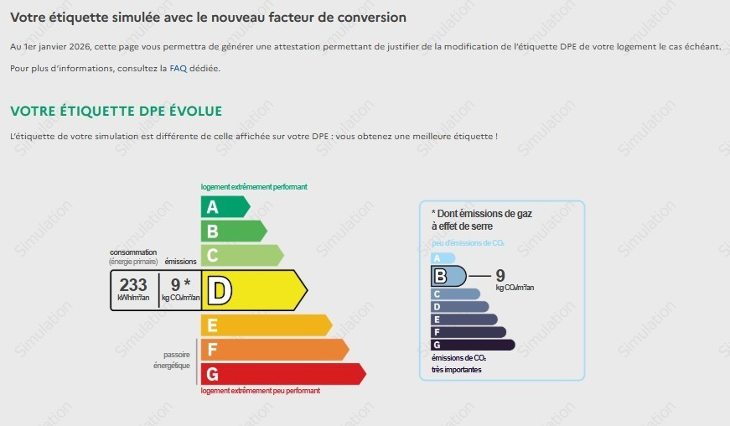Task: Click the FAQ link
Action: [x=178, y=69]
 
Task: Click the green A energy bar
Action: [x=225, y=207]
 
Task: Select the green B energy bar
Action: [x=234, y=231]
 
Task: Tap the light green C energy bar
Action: [x=242, y=255]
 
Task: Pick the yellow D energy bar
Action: [x=254, y=290]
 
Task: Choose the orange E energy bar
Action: [x=267, y=325]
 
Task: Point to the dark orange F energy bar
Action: [x=275, y=349]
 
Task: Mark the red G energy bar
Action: [x=283, y=374]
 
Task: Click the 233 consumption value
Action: [x=133, y=284]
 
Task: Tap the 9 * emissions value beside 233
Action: [x=181, y=284]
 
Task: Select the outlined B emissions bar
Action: [x=448, y=276]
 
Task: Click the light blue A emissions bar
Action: [x=443, y=258]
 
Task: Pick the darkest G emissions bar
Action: [x=473, y=345]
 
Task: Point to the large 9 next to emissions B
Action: [x=500, y=275]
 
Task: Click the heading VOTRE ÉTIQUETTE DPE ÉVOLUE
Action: [x=116, y=112]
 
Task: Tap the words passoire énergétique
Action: [x=172, y=360]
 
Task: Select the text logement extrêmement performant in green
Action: [x=254, y=187]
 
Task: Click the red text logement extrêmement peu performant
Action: [x=261, y=391]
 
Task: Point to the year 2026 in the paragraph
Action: [x=80, y=47]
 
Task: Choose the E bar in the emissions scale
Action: [x=464, y=319]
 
